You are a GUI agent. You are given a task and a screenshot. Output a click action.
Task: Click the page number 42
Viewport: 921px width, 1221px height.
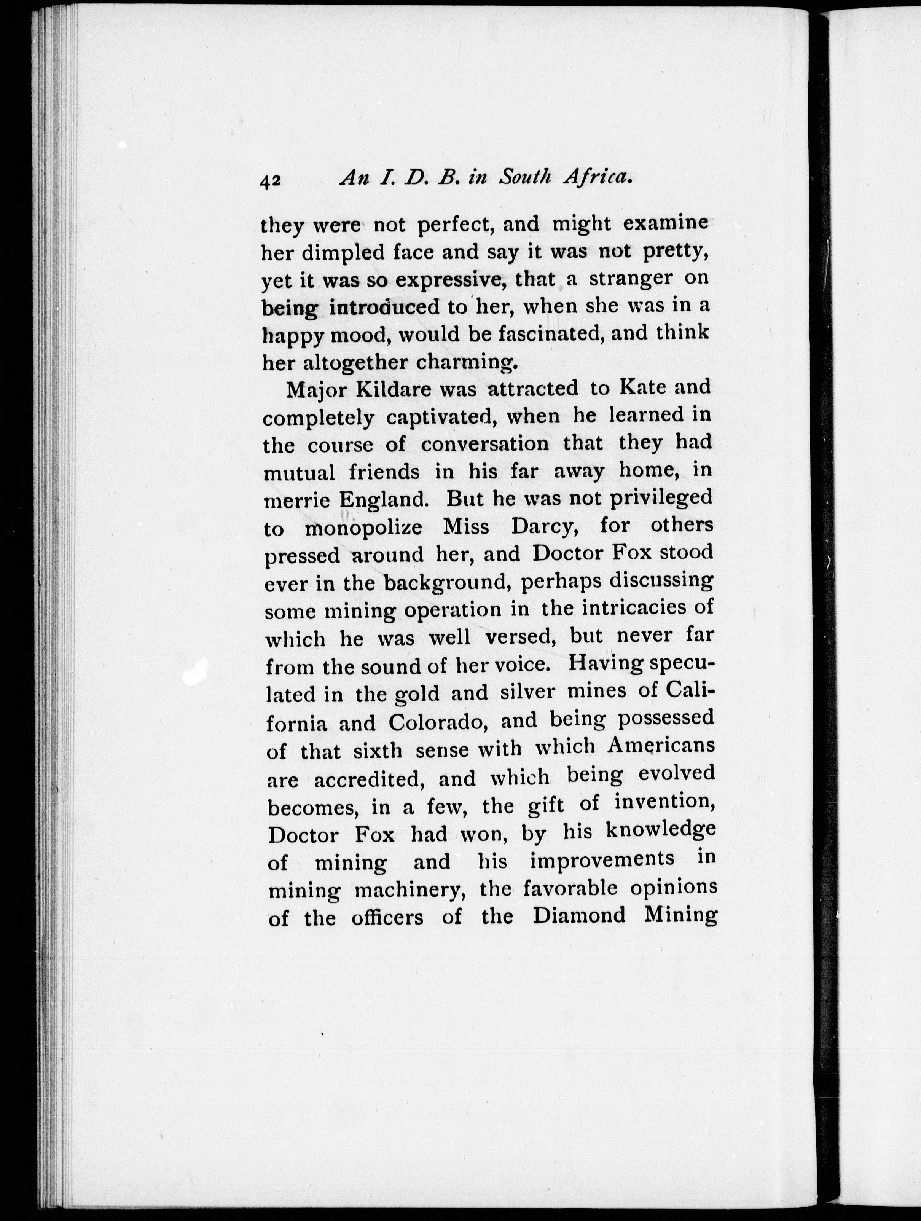(x=271, y=181)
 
